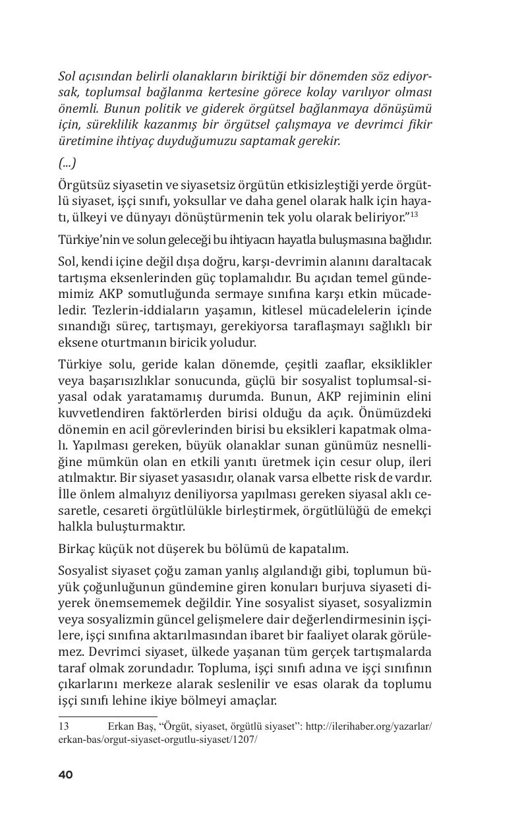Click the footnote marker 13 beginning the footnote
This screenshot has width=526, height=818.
(64, 726)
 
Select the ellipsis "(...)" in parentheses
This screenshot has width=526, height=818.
(67, 163)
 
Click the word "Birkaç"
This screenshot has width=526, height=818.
(76, 548)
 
